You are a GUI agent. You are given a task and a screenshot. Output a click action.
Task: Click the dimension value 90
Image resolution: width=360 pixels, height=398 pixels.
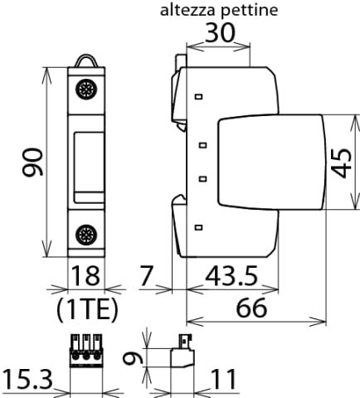(32, 163)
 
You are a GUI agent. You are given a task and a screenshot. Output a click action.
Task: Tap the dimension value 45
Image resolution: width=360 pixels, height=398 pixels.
(341, 163)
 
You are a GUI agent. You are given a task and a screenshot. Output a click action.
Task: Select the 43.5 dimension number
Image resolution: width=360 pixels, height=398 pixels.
(231, 275)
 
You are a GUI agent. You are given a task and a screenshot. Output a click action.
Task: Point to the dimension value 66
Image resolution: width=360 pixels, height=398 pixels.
(251, 308)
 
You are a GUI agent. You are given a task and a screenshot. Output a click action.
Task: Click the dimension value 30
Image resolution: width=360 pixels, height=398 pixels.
(221, 32)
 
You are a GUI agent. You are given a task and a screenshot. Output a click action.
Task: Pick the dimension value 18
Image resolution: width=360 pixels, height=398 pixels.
(85, 275)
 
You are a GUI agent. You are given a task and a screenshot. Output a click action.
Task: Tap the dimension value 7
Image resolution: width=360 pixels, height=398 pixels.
(146, 275)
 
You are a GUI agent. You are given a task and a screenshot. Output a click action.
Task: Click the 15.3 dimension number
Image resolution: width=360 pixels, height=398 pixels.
(27, 380)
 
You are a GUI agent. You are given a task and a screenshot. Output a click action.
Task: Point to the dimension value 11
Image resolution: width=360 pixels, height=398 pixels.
(224, 380)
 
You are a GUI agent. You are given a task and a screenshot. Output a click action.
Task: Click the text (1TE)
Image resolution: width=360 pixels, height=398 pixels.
(87, 309)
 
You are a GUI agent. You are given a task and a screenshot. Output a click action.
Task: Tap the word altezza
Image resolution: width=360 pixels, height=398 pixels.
(187, 10)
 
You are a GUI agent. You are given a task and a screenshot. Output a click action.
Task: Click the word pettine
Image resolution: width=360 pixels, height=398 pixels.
(250, 11)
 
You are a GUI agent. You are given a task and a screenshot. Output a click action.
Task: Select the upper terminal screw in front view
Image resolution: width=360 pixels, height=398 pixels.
(86, 89)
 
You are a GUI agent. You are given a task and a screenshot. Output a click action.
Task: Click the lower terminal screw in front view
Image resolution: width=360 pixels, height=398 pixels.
(86, 235)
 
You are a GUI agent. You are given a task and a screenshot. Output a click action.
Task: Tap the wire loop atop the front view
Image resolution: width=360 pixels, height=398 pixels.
(86, 56)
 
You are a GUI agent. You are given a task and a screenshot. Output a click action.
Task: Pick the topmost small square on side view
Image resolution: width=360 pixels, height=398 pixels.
(199, 97)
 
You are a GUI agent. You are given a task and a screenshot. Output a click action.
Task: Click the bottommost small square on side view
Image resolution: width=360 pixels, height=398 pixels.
(199, 227)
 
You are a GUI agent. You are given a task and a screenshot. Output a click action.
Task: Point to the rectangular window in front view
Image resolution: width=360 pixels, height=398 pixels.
(89, 167)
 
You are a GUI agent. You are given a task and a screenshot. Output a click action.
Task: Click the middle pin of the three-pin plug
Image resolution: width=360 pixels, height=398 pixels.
(86, 350)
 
